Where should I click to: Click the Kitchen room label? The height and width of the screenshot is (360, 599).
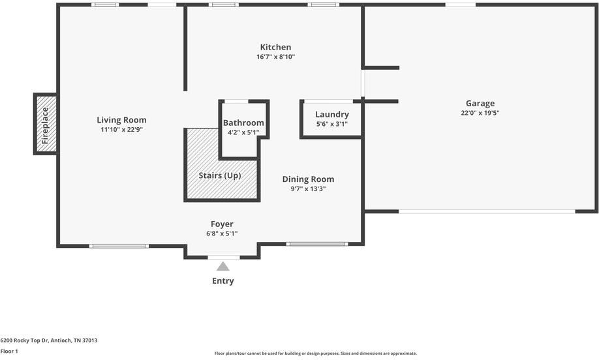[275, 47]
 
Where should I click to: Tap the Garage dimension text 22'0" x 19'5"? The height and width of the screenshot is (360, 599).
[480, 113]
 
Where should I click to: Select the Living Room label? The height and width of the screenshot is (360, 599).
[121, 120]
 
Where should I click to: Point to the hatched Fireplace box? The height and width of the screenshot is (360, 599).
[45, 124]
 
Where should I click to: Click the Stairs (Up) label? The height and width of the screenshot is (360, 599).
[219, 175]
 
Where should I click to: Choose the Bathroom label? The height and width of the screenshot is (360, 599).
[243, 123]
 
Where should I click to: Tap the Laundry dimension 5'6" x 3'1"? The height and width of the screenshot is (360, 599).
[331, 124]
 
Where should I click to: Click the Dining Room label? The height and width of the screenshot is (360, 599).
[308, 179]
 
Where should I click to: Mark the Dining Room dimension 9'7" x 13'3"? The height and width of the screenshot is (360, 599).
[308, 189]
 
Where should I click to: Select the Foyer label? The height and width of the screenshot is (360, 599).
[222, 224]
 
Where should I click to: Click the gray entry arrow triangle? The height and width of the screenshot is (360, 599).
[223, 266]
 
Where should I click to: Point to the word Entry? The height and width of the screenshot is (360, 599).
[223, 281]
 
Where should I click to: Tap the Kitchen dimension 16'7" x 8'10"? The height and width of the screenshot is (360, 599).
[275, 57]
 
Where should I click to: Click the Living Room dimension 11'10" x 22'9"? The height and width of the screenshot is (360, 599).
[121, 130]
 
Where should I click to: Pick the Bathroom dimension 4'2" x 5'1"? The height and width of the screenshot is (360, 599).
[243, 132]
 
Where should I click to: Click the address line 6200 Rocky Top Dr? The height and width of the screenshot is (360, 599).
[48, 340]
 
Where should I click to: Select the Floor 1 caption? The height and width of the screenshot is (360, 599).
[9, 351]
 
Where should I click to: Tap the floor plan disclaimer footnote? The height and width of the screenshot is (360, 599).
[315, 353]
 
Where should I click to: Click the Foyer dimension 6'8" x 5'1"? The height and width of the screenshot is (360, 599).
[222, 233]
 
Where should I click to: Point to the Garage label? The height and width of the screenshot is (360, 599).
[480, 103]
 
